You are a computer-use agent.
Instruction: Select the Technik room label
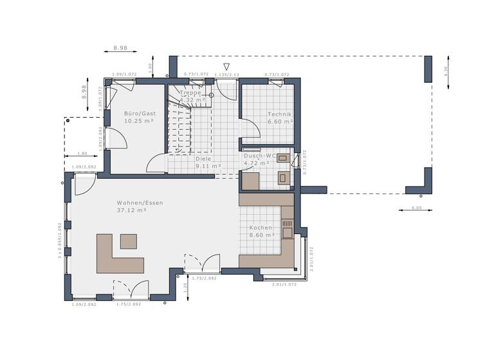[280, 114]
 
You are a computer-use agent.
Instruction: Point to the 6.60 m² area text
[280, 122]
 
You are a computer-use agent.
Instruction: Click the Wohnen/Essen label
[140, 203]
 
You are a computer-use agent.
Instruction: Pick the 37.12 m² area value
[131, 210]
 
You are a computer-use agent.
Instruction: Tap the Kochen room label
[261, 228]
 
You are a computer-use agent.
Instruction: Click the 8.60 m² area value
[262, 235]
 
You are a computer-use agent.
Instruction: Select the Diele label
[203, 158]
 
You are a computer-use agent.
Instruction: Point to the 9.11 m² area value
[208, 166]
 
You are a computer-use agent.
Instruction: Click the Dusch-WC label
[260, 156]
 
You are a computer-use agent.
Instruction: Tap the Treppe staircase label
[190, 93]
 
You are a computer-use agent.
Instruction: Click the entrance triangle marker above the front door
[226, 66]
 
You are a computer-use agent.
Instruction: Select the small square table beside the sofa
[129, 241]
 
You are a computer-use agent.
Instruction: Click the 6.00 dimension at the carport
[416, 208]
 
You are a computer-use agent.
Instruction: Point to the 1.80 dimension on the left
[82, 154]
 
